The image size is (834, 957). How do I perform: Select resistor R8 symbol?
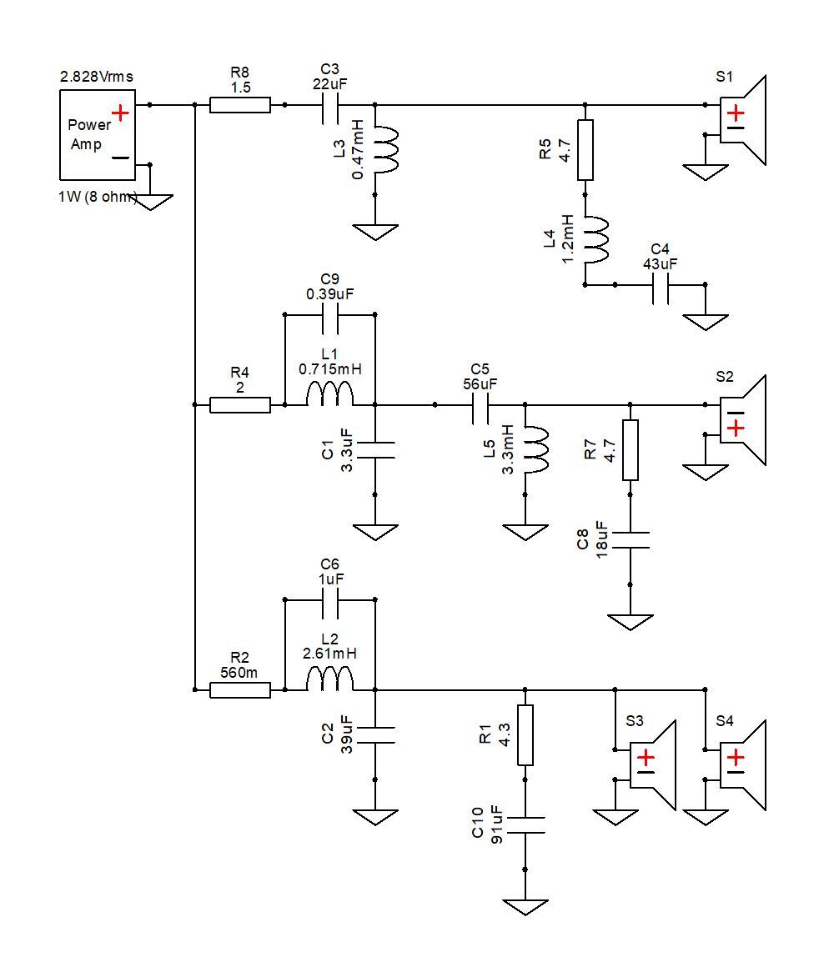point(240,105)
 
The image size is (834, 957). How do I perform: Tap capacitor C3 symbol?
point(330,105)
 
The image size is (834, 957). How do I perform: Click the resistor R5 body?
point(585,149)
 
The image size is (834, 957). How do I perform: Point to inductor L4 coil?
point(596,240)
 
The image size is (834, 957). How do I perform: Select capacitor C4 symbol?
point(661,285)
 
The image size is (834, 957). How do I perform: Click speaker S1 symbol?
point(742,120)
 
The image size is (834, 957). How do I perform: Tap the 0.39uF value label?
point(329,293)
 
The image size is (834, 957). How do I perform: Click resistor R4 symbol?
point(240,404)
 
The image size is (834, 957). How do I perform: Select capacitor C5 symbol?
point(480,404)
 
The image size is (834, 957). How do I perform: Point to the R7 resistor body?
point(630,450)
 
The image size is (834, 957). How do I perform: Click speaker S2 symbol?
point(742,420)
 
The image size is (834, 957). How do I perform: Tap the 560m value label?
point(239,673)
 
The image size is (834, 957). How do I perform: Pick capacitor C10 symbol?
point(525,825)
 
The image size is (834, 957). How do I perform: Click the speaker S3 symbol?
point(653,765)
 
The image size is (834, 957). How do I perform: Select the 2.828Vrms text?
point(97,77)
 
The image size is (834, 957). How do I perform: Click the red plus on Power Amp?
point(120,113)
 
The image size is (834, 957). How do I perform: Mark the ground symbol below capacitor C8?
point(630,621)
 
